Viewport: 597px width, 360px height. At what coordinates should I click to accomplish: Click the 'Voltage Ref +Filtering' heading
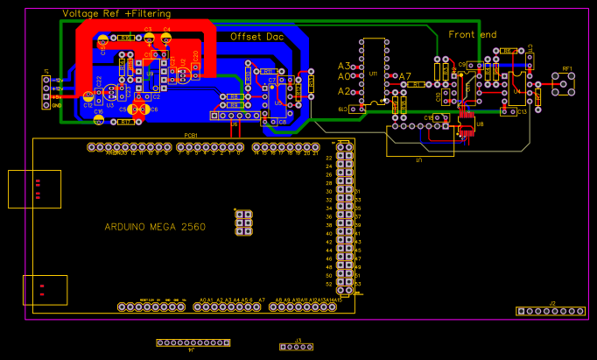pos(116,13)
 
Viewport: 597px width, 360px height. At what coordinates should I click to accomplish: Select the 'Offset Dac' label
pos(257,37)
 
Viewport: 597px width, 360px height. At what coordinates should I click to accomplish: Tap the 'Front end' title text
pos(473,35)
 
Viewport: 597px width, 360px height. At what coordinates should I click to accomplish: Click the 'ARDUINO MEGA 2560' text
pos(156,227)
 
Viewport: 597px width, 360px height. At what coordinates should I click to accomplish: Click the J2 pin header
pos(551,311)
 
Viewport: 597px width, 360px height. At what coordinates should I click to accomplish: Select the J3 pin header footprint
pos(296,347)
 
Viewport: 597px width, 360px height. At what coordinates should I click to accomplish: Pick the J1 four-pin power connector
pos(46,91)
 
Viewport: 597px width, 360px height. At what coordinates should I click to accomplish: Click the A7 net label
pos(404,76)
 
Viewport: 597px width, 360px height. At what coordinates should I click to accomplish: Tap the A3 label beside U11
pos(344,67)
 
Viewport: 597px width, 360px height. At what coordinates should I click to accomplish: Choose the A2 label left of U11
pos(344,91)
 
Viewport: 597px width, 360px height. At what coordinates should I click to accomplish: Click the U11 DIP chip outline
pos(374,72)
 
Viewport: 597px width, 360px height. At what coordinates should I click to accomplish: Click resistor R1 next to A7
pos(418,84)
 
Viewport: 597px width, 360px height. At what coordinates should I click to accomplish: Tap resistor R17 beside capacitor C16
pos(126,122)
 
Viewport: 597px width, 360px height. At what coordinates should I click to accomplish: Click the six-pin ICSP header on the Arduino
pos(244,222)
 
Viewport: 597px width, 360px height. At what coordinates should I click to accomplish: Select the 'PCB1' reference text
pos(191,135)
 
